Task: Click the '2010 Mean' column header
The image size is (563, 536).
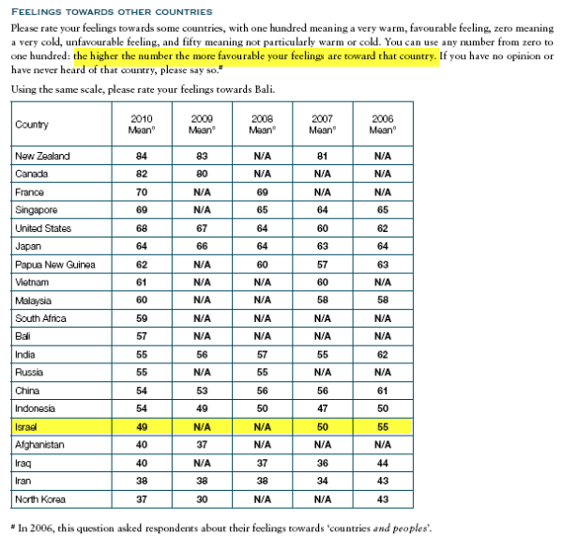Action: coord(142,124)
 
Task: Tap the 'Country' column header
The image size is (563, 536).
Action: coord(32,124)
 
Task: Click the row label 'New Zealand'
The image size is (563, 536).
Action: coord(42,156)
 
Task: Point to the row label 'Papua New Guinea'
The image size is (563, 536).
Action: coord(55,265)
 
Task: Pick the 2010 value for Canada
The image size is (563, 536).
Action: coord(142,174)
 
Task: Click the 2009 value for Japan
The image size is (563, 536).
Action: coord(202,247)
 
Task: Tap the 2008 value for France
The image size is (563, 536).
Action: coord(262,191)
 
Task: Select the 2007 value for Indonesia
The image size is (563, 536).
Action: coord(322,408)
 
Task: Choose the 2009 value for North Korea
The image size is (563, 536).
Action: coord(202,498)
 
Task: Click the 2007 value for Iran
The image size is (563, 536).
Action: coord(322,481)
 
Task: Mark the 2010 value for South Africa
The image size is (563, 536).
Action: coord(142,318)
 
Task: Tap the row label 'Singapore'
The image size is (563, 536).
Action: coord(37,210)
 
